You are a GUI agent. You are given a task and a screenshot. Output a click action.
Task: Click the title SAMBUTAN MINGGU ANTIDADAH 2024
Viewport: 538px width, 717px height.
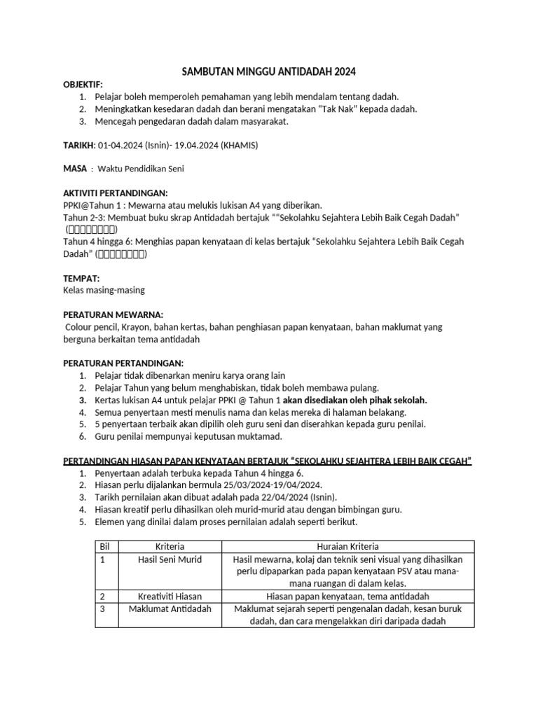click(x=269, y=71)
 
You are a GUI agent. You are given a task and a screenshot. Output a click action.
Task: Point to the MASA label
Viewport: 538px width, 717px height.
click(x=75, y=169)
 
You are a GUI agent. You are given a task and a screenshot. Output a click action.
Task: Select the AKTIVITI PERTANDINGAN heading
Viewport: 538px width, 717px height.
click(x=116, y=193)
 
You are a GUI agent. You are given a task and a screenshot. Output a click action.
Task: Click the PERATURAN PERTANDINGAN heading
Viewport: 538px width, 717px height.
click(x=123, y=363)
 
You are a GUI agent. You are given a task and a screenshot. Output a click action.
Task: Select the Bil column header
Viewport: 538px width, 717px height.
click(x=105, y=546)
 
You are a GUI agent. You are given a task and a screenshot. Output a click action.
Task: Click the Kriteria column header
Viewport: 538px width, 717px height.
click(x=170, y=546)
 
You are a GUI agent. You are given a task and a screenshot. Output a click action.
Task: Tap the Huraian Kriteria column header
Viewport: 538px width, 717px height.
click(x=347, y=546)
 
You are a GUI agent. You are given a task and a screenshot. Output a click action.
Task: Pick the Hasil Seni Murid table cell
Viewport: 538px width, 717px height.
click(x=170, y=559)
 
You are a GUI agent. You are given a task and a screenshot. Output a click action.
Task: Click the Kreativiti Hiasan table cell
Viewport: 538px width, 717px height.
click(x=170, y=596)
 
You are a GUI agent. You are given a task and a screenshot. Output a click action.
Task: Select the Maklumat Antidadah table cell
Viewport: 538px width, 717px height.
click(x=170, y=608)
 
